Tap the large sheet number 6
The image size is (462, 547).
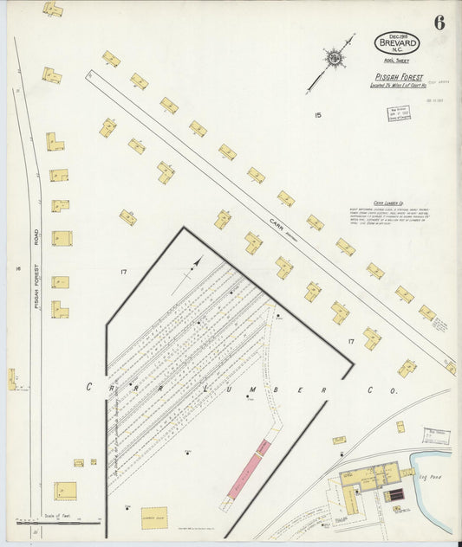coord(439,23)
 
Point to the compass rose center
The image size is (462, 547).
coord(333,59)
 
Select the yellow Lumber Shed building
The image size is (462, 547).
coord(154,518)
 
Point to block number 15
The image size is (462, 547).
coord(317,114)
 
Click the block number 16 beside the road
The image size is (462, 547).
coord(17,268)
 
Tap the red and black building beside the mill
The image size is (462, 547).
coord(394,495)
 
